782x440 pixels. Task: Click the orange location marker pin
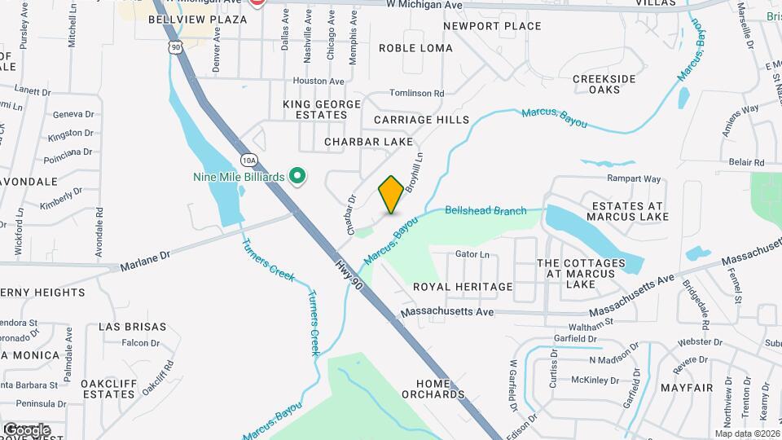(x=391, y=195)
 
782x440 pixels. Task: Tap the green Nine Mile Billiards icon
(x=298, y=176)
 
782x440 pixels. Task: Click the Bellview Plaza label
(x=198, y=20)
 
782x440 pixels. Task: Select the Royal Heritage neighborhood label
(x=463, y=287)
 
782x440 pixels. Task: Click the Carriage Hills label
(x=421, y=120)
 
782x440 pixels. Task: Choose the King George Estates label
(x=321, y=109)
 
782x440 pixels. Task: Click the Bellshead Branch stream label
(x=485, y=211)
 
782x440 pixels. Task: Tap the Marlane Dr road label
(x=145, y=261)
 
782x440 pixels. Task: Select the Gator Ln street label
(x=472, y=255)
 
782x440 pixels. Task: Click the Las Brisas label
(x=132, y=327)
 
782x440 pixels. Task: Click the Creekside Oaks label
(x=604, y=84)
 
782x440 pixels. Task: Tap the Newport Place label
(x=492, y=26)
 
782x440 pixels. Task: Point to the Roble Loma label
(x=415, y=48)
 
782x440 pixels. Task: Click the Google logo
(x=26, y=429)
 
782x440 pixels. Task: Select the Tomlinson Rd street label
(x=416, y=94)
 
